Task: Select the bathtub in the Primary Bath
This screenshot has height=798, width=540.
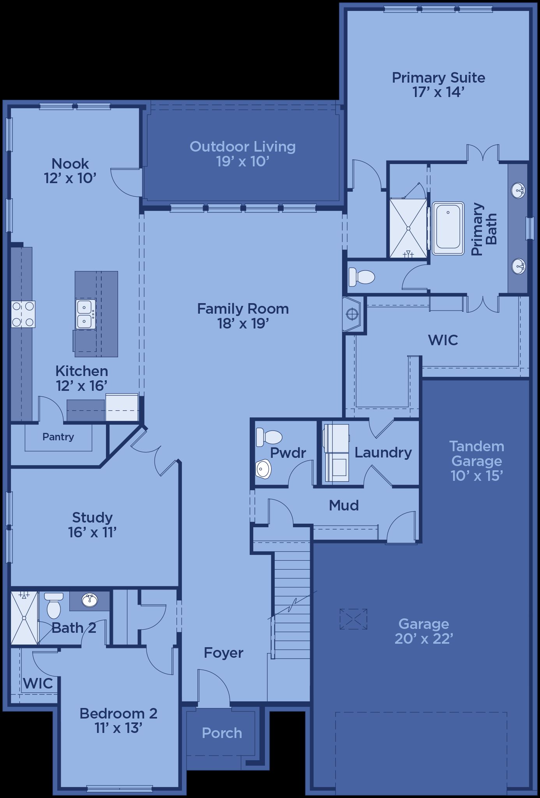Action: pyautogui.click(x=448, y=228)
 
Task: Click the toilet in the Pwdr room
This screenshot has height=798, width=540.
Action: pyautogui.click(x=269, y=437)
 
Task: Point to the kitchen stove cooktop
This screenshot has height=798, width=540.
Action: pyautogui.click(x=23, y=314)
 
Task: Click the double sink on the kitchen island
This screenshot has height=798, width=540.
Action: pyautogui.click(x=85, y=314)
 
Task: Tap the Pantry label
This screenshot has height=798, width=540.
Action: pyautogui.click(x=58, y=437)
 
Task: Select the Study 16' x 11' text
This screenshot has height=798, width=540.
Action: pyautogui.click(x=92, y=524)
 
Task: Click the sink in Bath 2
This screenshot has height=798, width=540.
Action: pyautogui.click(x=90, y=600)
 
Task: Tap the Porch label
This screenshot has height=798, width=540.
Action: pyautogui.click(x=222, y=733)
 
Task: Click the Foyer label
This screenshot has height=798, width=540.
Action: pyautogui.click(x=224, y=653)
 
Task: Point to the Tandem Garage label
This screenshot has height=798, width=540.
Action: pyautogui.click(x=477, y=461)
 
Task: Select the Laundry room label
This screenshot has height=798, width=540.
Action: pyautogui.click(x=383, y=452)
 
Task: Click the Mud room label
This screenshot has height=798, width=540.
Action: pyautogui.click(x=344, y=505)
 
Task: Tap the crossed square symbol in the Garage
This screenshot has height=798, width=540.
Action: pyautogui.click(x=353, y=619)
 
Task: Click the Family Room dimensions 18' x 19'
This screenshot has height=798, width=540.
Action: pyautogui.click(x=244, y=323)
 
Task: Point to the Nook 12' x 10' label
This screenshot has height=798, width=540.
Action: pyautogui.click(x=70, y=171)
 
